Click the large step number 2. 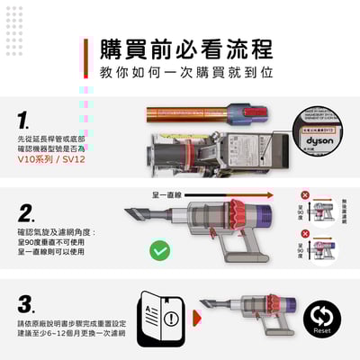(27, 214)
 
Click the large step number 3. (27, 302)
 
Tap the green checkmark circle (159, 250)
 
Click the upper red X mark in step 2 (306, 195)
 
